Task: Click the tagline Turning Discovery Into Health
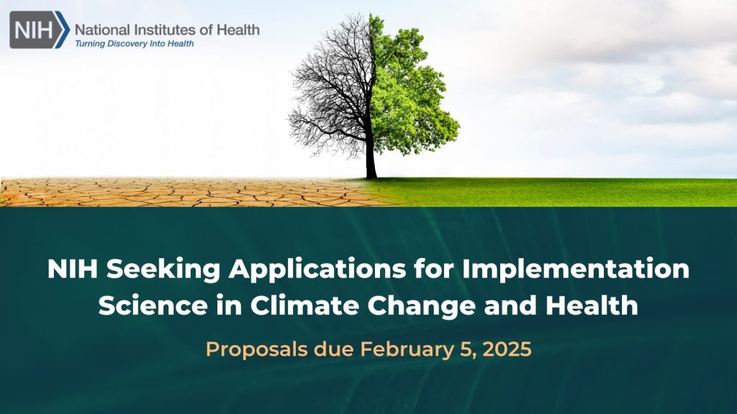click(x=134, y=44)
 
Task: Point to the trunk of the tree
click(x=371, y=155)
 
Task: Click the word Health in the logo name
click(x=238, y=30)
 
